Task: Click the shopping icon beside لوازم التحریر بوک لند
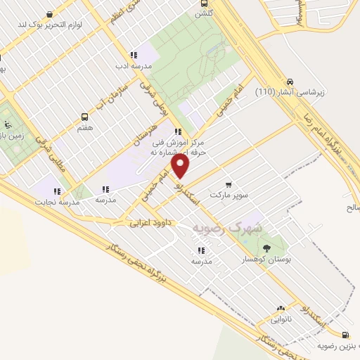click(x=49, y=14)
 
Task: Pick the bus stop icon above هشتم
click(x=85, y=117)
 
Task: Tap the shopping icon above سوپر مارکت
click(x=228, y=184)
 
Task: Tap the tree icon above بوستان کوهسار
click(x=266, y=247)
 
